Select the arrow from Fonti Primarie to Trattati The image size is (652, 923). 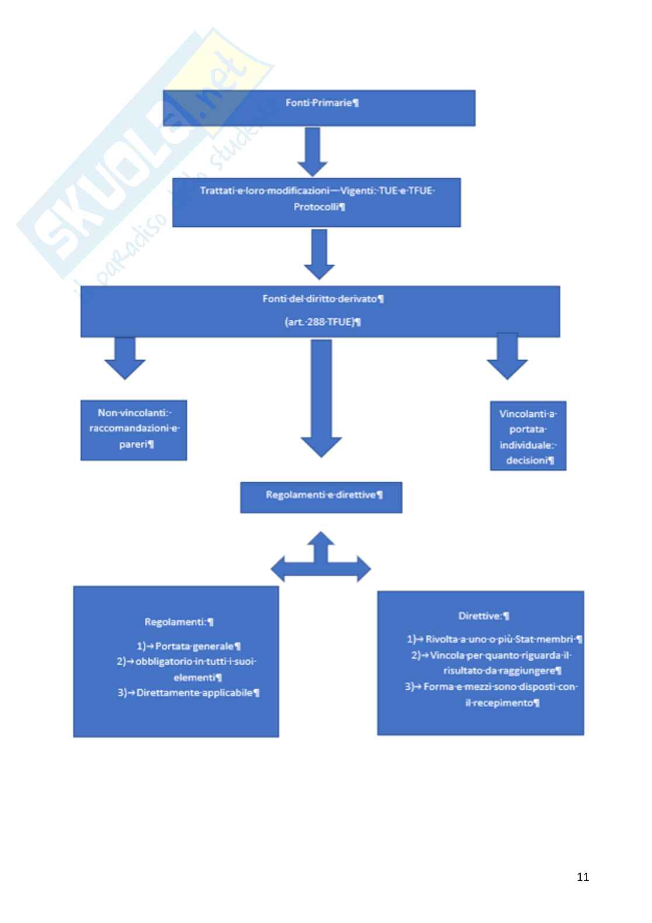point(313,151)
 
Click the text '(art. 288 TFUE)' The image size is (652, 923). point(321,322)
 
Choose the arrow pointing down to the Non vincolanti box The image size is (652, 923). point(125,357)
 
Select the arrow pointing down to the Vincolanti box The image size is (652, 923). point(507,355)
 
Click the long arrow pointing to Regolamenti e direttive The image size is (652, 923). point(321,397)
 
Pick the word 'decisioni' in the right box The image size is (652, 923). point(528,461)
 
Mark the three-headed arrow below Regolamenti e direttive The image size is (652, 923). point(321,559)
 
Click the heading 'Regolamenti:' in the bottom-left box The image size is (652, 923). point(178,622)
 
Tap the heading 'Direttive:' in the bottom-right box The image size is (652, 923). point(483,616)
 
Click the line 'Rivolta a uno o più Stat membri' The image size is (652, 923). point(499,639)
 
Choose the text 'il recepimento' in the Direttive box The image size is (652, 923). point(501,703)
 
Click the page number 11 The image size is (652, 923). point(582,877)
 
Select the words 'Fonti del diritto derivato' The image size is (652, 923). point(321,299)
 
